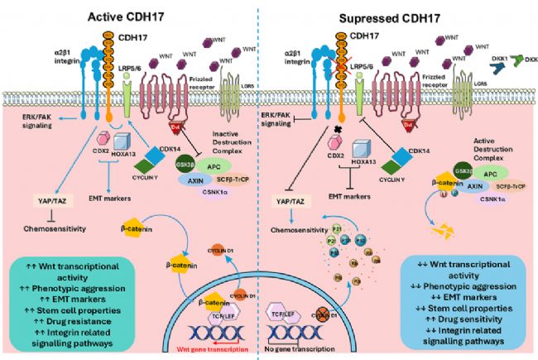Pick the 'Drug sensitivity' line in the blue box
point(468,318)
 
